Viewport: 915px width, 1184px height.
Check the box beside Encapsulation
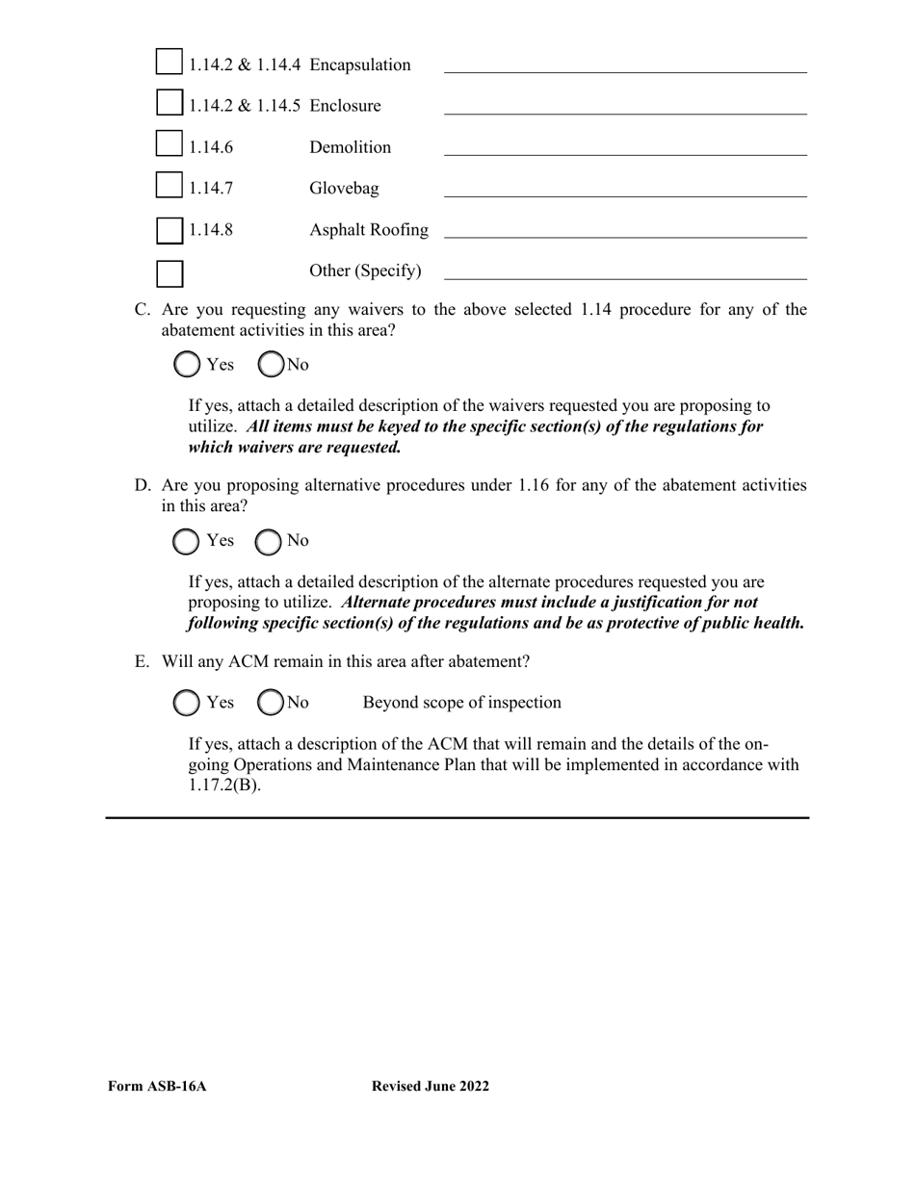click(x=169, y=62)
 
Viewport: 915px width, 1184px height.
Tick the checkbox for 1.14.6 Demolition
click(x=169, y=143)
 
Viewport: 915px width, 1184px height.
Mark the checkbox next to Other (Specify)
click(x=170, y=273)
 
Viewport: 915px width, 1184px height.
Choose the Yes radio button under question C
click(x=188, y=364)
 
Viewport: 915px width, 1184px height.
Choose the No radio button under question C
click(x=273, y=364)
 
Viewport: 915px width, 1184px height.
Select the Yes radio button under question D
click(x=186, y=542)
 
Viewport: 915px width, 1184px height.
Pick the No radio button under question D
click(x=269, y=542)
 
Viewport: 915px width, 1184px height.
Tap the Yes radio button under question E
click(x=187, y=703)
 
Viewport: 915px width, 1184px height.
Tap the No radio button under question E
click(x=272, y=703)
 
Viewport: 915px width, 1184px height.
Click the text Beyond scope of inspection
click(x=461, y=703)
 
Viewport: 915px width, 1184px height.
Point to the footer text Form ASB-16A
click(x=157, y=1087)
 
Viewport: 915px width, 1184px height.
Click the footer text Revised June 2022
click(x=430, y=1087)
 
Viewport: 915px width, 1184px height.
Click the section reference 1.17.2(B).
click(x=224, y=785)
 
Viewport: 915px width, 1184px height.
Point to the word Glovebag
click(x=344, y=189)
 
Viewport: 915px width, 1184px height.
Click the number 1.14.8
click(x=210, y=230)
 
